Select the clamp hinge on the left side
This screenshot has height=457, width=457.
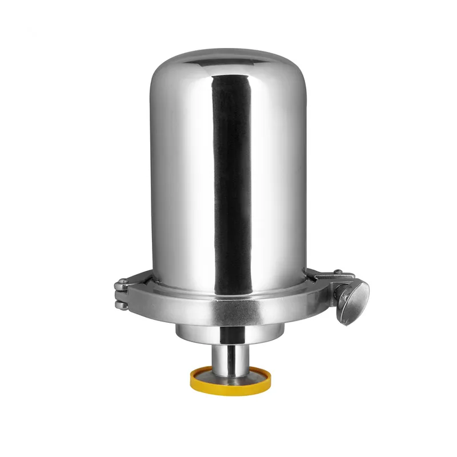click(x=121, y=294)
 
